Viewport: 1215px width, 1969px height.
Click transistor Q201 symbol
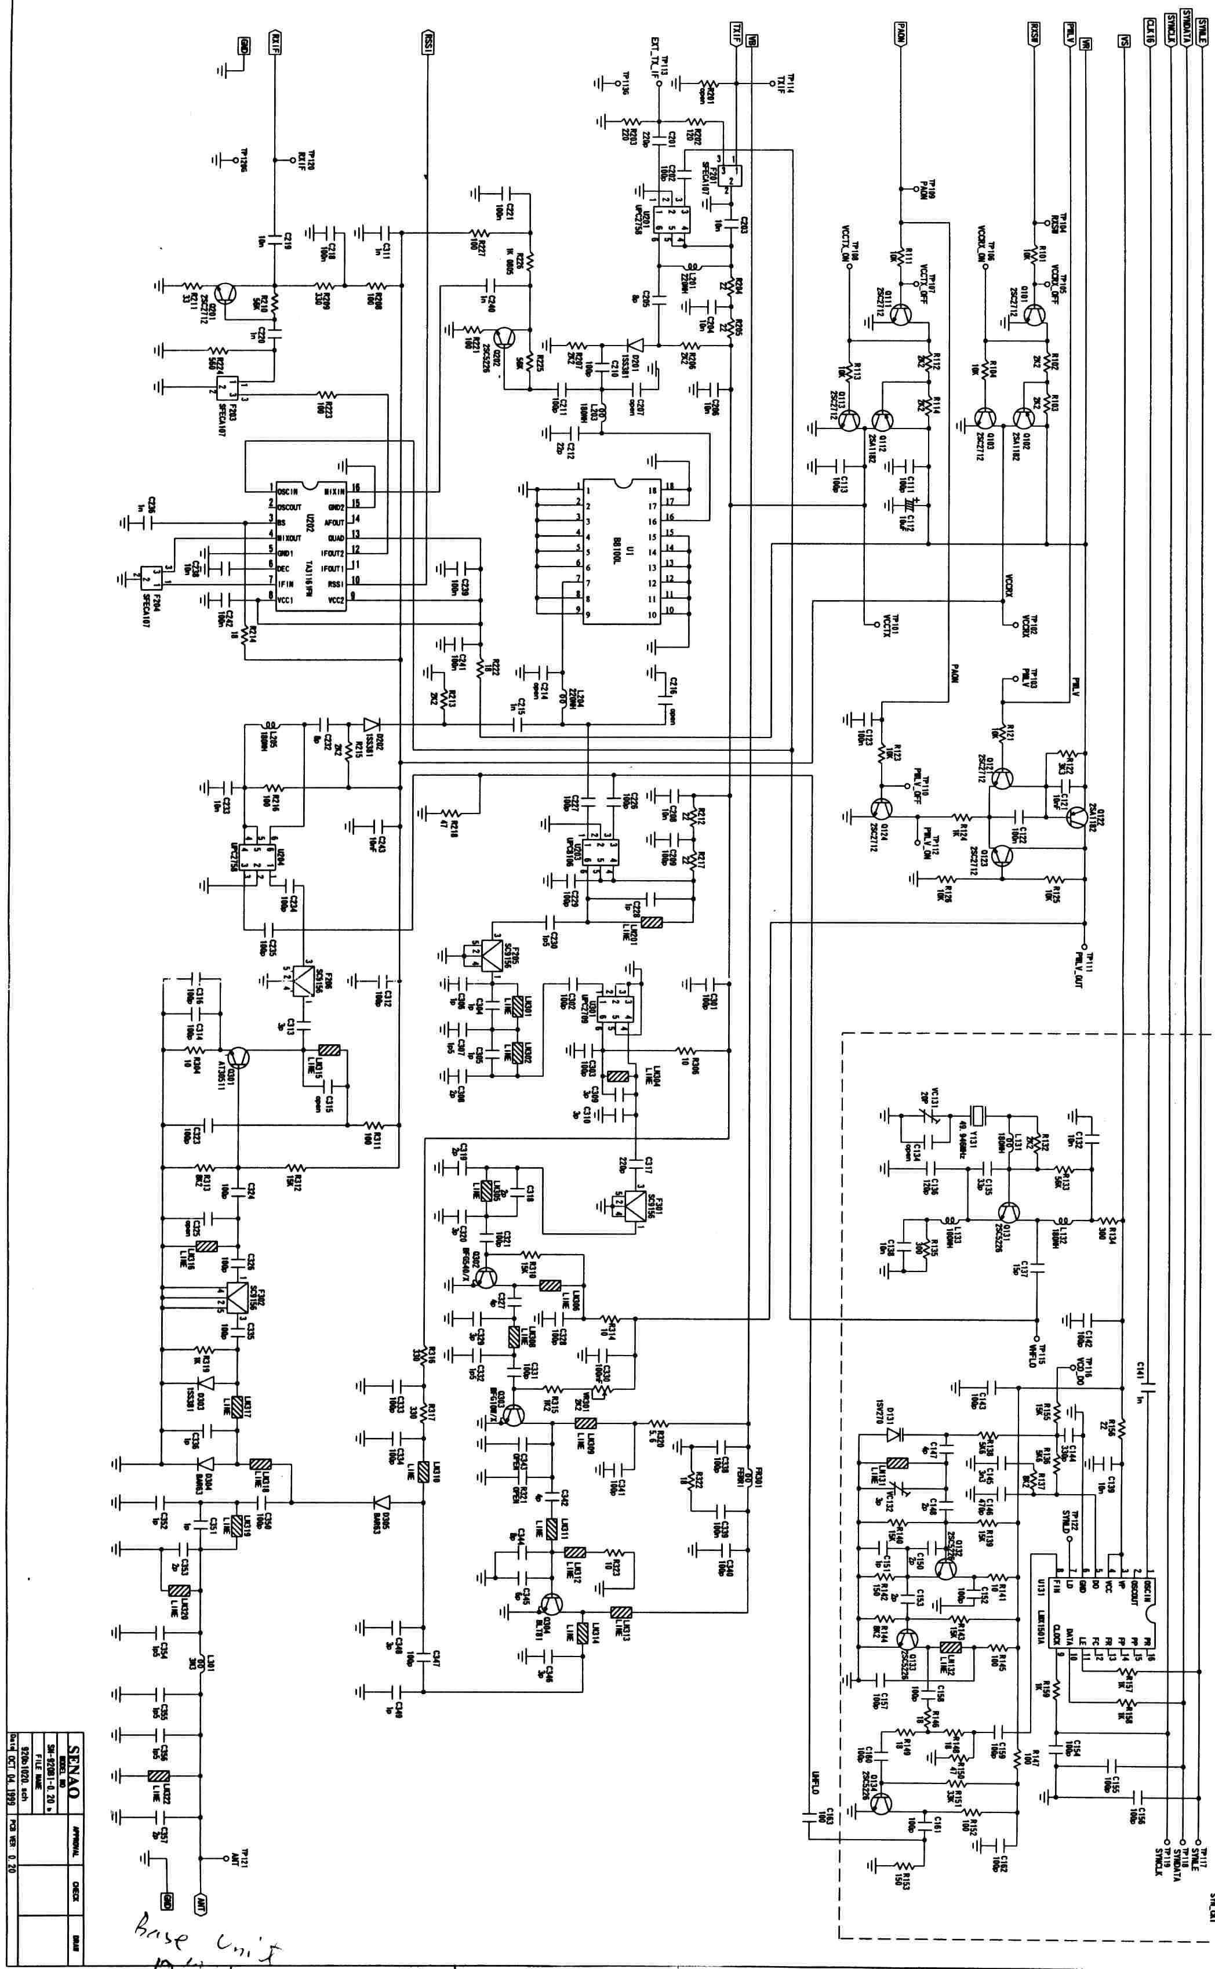(x=228, y=293)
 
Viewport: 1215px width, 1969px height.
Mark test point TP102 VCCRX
(x=1003, y=624)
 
